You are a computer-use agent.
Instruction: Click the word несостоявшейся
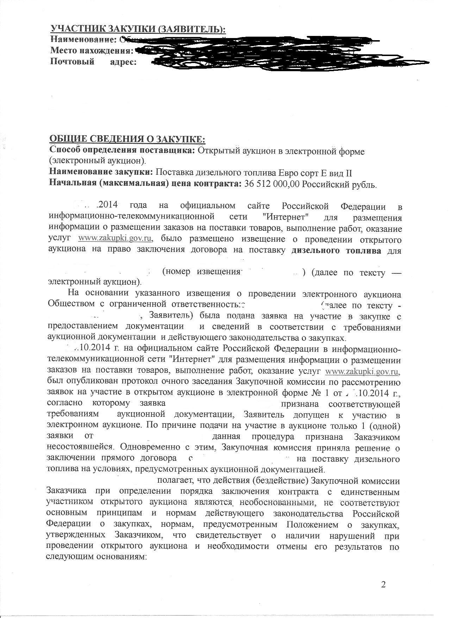[81, 448]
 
